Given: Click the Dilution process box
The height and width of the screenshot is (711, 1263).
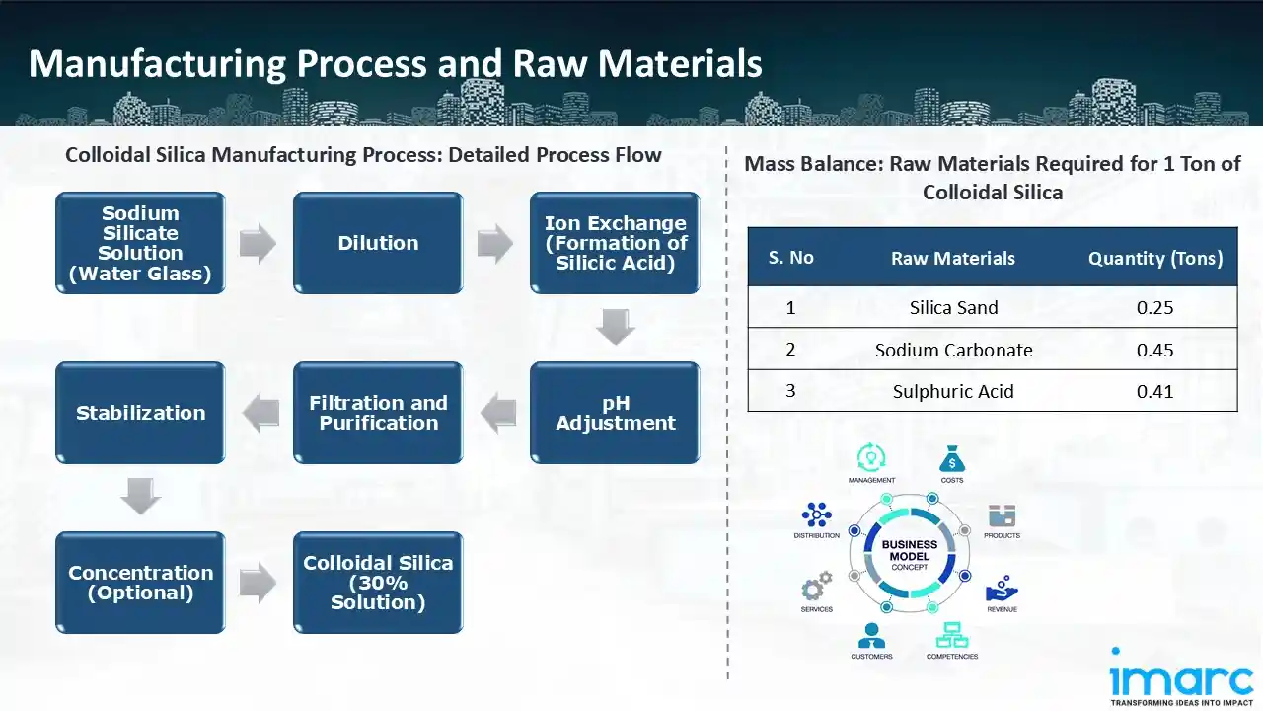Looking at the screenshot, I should pyautogui.click(x=378, y=243).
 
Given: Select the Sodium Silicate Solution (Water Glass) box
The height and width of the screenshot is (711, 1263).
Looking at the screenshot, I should pyautogui.click(x=140, y=243).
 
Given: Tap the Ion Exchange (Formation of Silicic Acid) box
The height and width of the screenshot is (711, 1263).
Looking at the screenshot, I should pyautogui.click(x=615, y=243).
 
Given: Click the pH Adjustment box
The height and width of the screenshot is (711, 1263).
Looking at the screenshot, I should pyautogui.click(x=615, y=413).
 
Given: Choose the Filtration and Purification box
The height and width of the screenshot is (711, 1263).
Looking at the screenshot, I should pyautogui.click(x=378, y=413).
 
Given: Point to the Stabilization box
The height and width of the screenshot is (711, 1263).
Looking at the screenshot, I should pyautogui.click(x=140, y=413).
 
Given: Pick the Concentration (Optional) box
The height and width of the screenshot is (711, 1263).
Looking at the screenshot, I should pyautogui.click(x=140, y=583).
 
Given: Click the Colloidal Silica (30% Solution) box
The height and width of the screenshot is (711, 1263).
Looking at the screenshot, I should pyautogui.click(x=378, y=583).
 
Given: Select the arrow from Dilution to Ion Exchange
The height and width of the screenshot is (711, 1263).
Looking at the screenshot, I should pyautogui.click(x=495, y=244).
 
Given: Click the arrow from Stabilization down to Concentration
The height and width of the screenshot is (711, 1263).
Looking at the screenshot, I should pyautogui.click(x=140, y=497).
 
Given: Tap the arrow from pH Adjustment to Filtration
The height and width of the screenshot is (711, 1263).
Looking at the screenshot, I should pyautogui.click(x=497, y=413).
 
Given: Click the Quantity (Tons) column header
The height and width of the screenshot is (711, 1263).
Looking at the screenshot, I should pyautogui.click(x=1154, y=259).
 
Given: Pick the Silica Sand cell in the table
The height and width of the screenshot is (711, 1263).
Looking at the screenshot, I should pyautogui.click(x=953, y=308).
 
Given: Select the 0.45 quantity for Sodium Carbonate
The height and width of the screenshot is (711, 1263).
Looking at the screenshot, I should pyautogui.click(x=1154, y=350).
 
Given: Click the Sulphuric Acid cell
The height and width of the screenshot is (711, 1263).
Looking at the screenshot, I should pyautogui.click(x=953, y=391).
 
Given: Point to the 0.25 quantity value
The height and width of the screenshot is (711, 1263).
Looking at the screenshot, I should pyautogui.click(x=1154, y=308).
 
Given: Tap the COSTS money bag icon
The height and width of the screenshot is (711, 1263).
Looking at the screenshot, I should pyautogui.click(x=952, y=459).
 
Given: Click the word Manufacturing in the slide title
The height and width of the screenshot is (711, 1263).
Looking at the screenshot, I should pyautogui.click(x=157, y=64).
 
